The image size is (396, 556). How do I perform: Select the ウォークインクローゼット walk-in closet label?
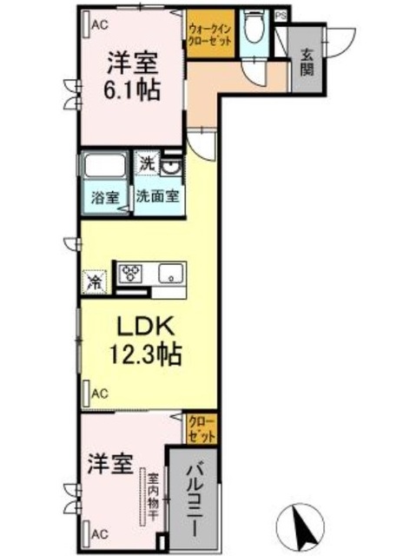(x=211, y=35)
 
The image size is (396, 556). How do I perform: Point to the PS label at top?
(x=281, y=15)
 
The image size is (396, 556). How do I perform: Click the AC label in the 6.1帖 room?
(x=101, y=25)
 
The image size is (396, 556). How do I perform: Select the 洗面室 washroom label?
(x=157, y=196)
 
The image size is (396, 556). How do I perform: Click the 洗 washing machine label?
(x=148, y=162)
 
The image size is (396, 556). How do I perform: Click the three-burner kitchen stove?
(x=132, y=274)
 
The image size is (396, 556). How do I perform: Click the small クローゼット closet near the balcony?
(x=203, y=427)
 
